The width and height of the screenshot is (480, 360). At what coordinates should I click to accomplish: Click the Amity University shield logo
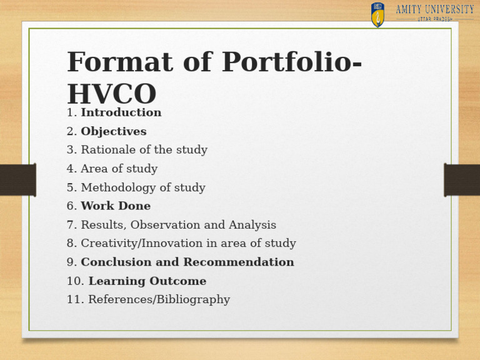pos(377,14)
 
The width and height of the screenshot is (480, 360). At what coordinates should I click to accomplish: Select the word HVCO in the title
pos(111,94)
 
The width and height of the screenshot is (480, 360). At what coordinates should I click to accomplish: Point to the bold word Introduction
pos(121,112)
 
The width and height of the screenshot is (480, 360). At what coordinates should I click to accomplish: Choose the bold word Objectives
pos(113,131)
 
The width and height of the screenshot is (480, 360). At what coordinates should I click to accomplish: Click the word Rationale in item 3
pos(107,150)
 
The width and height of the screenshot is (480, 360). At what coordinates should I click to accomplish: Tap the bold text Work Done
pos(116,206)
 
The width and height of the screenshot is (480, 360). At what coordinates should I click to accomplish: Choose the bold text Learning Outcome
pos(147,281)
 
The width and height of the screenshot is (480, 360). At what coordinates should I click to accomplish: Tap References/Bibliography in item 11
pos(159,300)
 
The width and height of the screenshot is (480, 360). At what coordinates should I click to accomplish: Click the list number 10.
pos(74,281)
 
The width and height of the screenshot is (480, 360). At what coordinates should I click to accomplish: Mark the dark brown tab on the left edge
pos(17,180)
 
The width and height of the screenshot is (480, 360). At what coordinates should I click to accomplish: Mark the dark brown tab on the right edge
pos(462,180)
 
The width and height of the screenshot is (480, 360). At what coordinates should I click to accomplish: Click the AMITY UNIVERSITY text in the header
pos(434,9)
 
